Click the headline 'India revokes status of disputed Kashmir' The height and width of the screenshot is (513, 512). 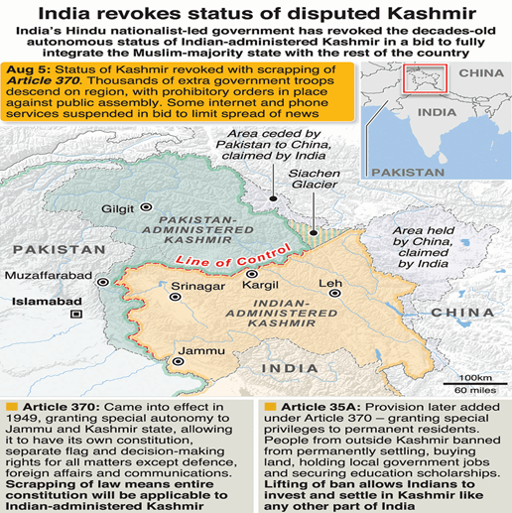click(256, 13)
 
